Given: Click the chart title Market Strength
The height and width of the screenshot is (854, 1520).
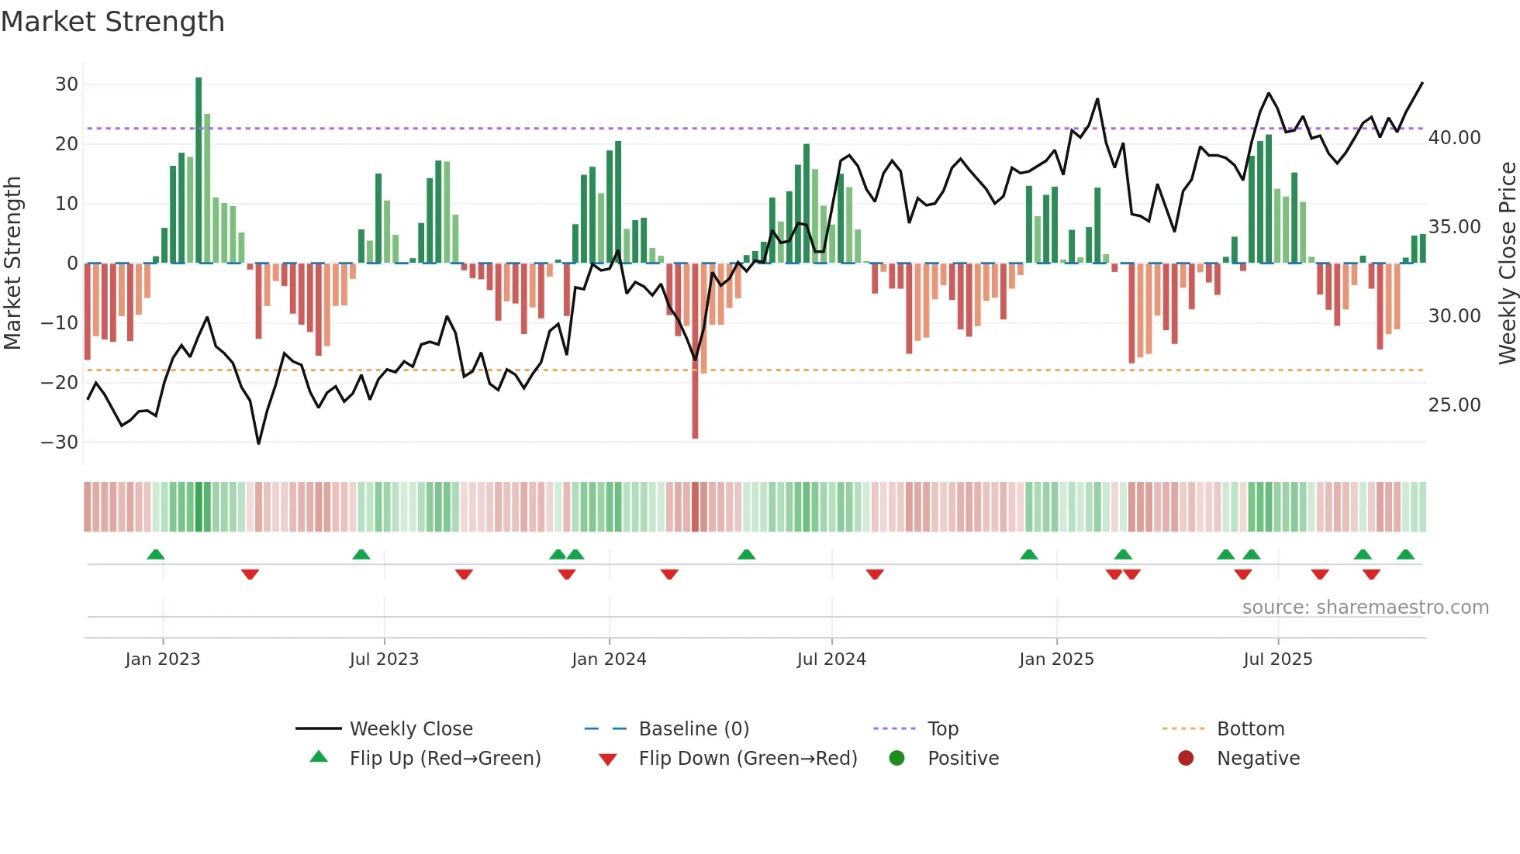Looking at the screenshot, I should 112,22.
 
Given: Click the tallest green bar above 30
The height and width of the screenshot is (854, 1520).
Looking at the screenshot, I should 199,170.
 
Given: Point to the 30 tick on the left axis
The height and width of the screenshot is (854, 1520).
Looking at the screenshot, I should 67,84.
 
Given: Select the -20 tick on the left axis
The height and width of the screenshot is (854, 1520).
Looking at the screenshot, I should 60,382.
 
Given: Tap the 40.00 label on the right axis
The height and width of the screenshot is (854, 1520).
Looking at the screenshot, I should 1454,138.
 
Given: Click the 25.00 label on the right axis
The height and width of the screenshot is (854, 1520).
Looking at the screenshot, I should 1454,405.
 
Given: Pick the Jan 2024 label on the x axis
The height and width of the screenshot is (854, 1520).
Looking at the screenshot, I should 609,659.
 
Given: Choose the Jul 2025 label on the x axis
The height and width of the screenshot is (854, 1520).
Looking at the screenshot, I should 1277,659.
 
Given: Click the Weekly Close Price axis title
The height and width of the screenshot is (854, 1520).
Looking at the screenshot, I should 1507,263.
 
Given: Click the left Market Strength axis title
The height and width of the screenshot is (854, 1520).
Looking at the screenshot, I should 12,263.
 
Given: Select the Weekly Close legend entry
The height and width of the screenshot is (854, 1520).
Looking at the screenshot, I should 411,729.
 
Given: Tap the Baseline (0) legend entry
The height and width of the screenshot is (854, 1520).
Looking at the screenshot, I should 693,729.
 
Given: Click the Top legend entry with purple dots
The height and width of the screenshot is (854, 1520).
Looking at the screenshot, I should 942,729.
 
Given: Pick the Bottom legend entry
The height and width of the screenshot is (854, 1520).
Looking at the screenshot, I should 1250,729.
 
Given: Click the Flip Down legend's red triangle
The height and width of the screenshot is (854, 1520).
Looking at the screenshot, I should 608,759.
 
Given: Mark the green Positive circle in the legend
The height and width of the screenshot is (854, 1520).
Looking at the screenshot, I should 897,759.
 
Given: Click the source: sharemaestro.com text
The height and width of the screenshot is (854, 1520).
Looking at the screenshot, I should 1365,608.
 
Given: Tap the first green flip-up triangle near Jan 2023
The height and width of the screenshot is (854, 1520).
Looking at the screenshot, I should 156,555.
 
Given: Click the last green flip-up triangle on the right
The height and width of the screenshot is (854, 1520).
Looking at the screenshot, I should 1405,555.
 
